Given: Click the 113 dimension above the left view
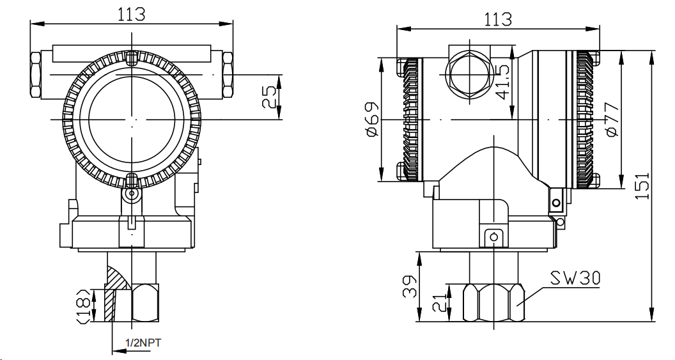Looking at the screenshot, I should pyautogui.click(x=132, y=14).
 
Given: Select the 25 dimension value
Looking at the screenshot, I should pyautogui.click(x=272, y=97).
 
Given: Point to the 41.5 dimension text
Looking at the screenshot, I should pyautogui.click(x=504, y=81).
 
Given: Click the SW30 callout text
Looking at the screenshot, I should pyautogui.click(x=575, y=278).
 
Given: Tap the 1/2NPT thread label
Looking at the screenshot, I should pyautogui.click(x=143, y=343).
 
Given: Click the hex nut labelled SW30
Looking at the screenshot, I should pyautogui.click(x=493, y=302).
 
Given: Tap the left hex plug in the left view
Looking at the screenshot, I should pyautogui.click(x=36, y=74).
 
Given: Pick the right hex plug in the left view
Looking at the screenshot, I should pyautogui.click(x=226, y=74).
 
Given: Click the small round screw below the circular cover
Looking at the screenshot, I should pyautogui.click(x=132, y=194).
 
